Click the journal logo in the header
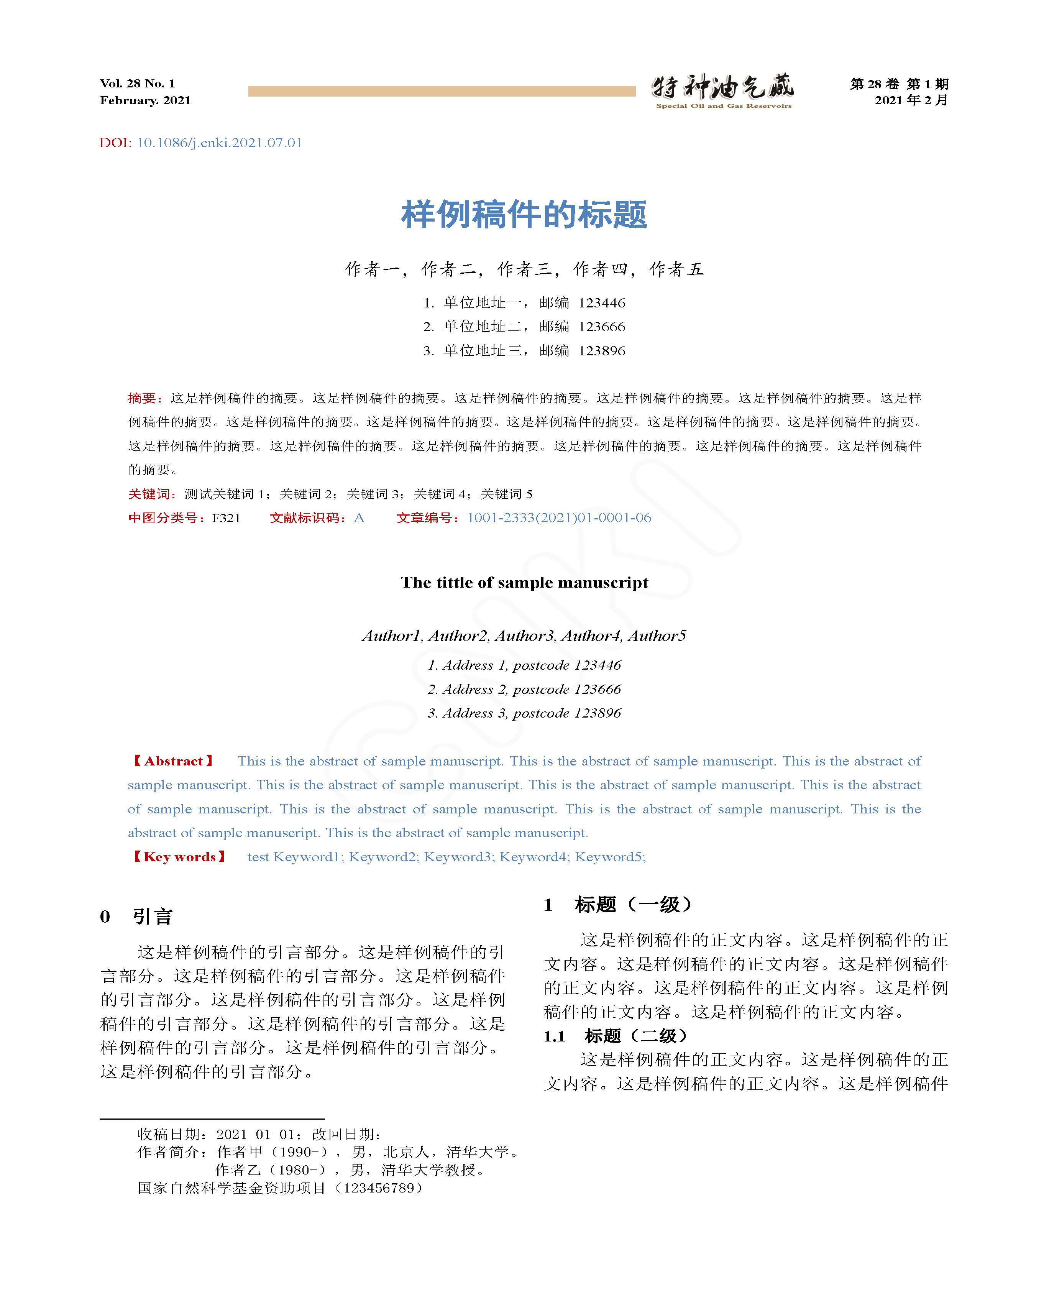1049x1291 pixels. (x=723, y=91)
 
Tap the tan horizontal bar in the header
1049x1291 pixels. (x=441, y=91)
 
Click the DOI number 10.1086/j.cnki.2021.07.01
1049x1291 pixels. (x=219, y=143)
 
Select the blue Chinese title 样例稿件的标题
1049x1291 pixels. (x=524, y=215)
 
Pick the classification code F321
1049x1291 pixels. (x=226, y=517)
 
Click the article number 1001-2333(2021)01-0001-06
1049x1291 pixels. (x=559, y=517)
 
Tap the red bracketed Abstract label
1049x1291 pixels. (x=173, y=761)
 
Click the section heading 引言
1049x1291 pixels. (x=153, y=916)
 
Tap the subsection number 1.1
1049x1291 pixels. (x=554, y=1036)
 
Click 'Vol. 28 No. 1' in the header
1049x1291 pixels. (x=138, y=84)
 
